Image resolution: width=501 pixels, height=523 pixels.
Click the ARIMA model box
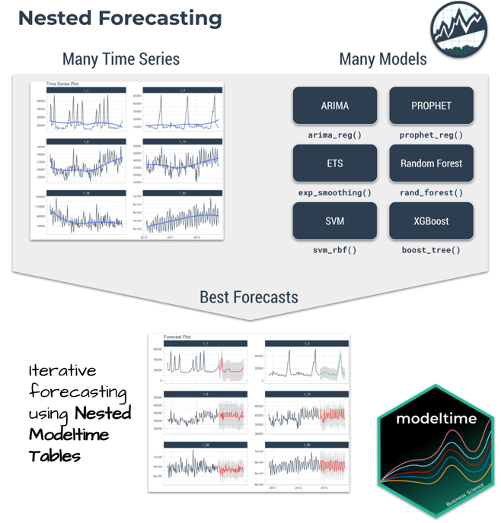pyautogui.click(x=334, y=106)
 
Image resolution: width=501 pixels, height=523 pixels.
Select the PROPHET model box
pyautogui.click(x=431, y=106)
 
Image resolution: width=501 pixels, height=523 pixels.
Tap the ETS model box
pyautogui.click(x=334, y=163)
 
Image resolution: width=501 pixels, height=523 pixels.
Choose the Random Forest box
pyautogui.click(x=431, y=163)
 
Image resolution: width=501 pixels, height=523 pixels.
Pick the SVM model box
pyautogui.click(x=334, y=221)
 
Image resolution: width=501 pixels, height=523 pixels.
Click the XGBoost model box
pyautogui.click(x=431, y=221)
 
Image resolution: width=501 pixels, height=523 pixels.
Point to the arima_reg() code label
pyautogui.click(x=334, y=135)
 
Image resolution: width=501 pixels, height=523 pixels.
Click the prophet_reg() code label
pyautogui.click(x=431, y=135)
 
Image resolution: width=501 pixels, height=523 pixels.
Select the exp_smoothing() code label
pyautogui.click(x=334, y=192)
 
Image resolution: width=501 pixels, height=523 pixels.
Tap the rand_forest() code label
pyautogui.click(x=431, y=192)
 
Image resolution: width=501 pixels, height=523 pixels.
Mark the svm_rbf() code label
pyautogui.click(x=334, y=249)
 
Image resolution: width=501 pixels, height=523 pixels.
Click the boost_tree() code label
pyautogui.click(x=431, y=249)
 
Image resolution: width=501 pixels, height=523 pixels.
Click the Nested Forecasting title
pyautogui.click(x=120, y=18)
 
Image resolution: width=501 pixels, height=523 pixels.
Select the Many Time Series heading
pyautogui.click(x=121, y=59)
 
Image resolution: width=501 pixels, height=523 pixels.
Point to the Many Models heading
pyautogui.click(x=382, y=59)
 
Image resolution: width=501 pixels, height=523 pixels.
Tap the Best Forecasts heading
pyautogui.click(x=249, y=296)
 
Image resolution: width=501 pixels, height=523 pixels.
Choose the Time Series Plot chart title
pyautogui.click(x=62, y=84)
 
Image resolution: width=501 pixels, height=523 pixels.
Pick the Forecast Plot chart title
pyautogui.click(x=177, y=337)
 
